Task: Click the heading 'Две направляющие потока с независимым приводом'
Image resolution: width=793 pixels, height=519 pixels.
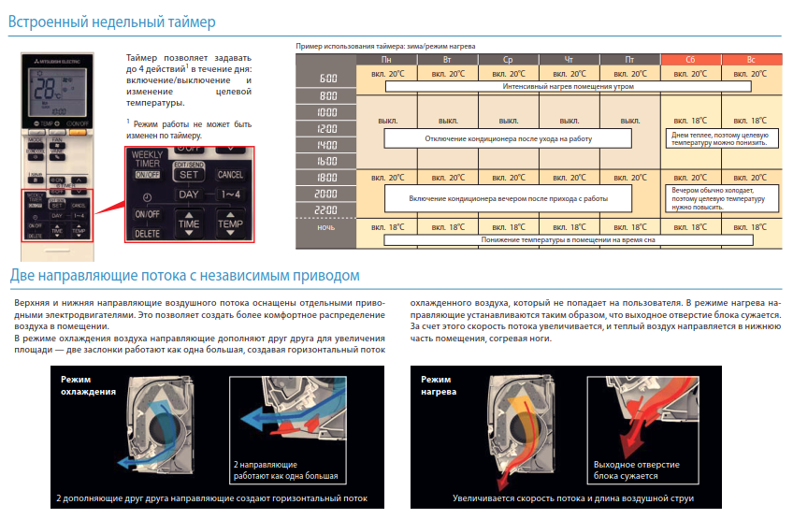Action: coord(184,276)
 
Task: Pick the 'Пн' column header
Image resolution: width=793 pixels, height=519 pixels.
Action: coord(386,60)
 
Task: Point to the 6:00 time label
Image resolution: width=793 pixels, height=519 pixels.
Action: coord(327,79)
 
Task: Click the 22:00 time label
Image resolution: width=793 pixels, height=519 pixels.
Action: coord(327,209)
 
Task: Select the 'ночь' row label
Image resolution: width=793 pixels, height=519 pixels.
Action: coord(327,227)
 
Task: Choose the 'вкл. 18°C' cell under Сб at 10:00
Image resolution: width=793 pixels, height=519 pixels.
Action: coord(690,121)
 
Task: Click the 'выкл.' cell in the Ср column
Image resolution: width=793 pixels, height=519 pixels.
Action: coord(509,121)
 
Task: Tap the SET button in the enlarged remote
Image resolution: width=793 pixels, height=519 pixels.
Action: coord(189,174)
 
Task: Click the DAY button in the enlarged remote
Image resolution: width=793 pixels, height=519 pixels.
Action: coord(190,194)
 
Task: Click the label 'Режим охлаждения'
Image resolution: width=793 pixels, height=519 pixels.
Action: coord(89,385)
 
